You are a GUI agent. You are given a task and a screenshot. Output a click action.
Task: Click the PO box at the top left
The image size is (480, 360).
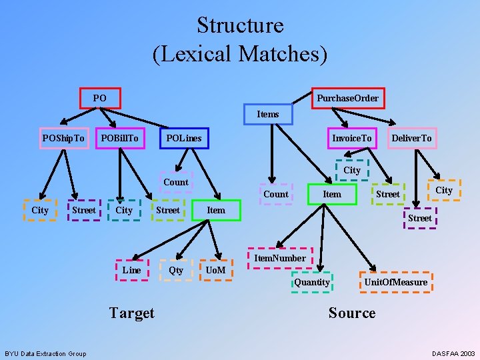tap(100, 99)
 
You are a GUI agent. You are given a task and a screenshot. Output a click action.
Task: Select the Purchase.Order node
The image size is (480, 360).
tap(347, 99)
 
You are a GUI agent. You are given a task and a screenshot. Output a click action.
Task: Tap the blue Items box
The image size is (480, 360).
tap(268, 114)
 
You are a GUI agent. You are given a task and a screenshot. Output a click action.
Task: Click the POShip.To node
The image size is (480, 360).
tap(63, 139)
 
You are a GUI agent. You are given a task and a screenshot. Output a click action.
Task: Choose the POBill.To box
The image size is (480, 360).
tap(120, 139)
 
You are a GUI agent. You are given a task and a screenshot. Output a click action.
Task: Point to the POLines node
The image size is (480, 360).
tap(184, 139)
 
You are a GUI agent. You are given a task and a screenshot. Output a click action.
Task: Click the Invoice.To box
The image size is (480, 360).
tap(352, 139)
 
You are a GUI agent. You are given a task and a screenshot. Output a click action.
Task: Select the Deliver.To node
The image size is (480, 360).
tap(411, 139)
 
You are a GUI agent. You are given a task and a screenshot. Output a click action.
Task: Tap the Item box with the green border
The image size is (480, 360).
tap(332, 194)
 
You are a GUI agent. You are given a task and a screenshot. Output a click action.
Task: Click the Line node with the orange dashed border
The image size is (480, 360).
tap(131, 270)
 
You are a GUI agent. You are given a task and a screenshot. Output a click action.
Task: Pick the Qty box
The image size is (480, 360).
tap(176, 270)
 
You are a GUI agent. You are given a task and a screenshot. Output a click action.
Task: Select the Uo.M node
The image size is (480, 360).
tap(215, 270)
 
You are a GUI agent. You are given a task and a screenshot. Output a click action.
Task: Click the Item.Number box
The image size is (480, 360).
tap(280, 258)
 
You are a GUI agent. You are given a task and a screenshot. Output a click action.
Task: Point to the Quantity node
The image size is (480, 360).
tap(312, 282)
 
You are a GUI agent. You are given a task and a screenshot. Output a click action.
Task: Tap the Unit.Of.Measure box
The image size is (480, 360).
tap(395, 282)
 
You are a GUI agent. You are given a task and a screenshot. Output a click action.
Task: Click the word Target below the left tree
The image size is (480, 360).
tap(131, 313)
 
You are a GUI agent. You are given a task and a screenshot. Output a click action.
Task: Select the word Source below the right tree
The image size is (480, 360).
tap(352, 313)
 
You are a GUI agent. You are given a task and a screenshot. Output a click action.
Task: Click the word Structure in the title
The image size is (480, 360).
tap(240, 25)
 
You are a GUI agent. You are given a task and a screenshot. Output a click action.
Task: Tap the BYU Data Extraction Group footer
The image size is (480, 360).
tap(45, 353)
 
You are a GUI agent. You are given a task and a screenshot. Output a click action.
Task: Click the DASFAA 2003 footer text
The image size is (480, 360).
tap(453, 353)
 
